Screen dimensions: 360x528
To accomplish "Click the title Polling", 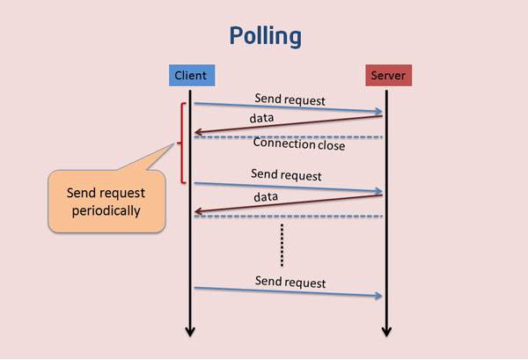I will pos(264,36).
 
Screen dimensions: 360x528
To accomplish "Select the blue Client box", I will pos(190,75).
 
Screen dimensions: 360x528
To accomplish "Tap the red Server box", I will pos(387,75).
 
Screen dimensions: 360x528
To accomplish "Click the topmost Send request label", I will pos(290,98).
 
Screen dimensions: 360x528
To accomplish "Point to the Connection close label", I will pos(298,143).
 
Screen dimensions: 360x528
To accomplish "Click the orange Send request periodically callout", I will pos(106,202).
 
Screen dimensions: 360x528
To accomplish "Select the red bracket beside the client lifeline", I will pos(181,143).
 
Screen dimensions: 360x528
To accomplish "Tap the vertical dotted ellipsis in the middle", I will pos(282,244).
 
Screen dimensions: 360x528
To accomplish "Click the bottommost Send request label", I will pos(290,282).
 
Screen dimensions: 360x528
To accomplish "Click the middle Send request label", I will pos(286,174).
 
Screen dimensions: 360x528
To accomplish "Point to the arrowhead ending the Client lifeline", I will pos(190,332).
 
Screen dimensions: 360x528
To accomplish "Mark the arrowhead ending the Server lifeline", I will pos(386,332).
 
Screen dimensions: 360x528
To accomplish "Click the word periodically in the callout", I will pos(106,210).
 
